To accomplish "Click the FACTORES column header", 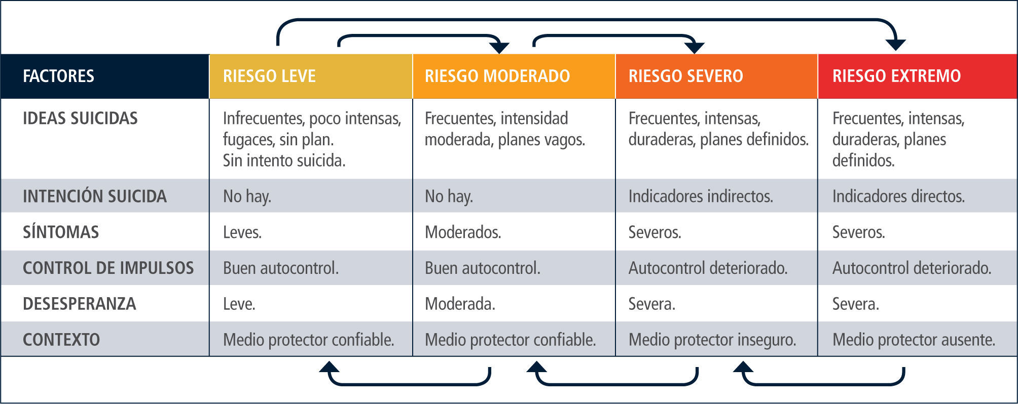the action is pos(59,76).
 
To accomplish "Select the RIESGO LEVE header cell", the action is pos(269,76).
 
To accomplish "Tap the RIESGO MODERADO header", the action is pos(497,76).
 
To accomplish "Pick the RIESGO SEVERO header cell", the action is pos(685,76).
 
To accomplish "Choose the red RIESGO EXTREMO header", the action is pos(896,76).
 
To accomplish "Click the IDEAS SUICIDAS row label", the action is pos(80,118).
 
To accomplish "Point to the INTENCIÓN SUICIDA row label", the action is pos(95,196).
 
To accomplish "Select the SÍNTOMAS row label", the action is pos(61,232).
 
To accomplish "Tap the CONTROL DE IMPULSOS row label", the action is pos(108,268).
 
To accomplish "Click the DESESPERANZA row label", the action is pos(80,304).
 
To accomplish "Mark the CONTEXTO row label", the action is pos(61,340).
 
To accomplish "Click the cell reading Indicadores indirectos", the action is pos(701,196).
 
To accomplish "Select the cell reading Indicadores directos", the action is pos(898,196).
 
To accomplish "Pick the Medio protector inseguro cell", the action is pos(712,340).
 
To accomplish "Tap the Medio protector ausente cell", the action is pos(914,340).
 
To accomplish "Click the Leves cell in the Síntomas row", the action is pos(242,232).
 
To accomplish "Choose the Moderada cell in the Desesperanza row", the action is pos(460,304).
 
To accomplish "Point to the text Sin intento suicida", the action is pos(284,160).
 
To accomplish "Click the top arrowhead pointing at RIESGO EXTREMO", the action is pos(896,45).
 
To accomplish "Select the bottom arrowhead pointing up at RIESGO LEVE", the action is pos(329,367).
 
